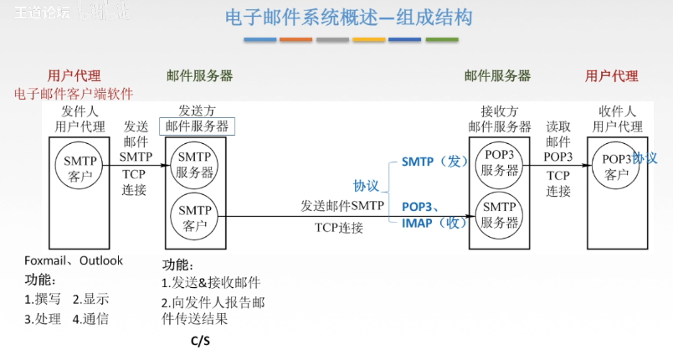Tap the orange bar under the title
pos(296,39)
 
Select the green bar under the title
pos(441,39)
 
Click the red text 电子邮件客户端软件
pos(74,94)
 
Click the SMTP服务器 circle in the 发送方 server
pos(195,165)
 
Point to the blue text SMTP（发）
pos(434,162)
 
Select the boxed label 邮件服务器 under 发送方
pos(197,126)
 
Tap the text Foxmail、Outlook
pos(74,260)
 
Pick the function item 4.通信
pos(90,318)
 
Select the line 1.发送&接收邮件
pos(211,283)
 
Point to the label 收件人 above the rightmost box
pos(618,111)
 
